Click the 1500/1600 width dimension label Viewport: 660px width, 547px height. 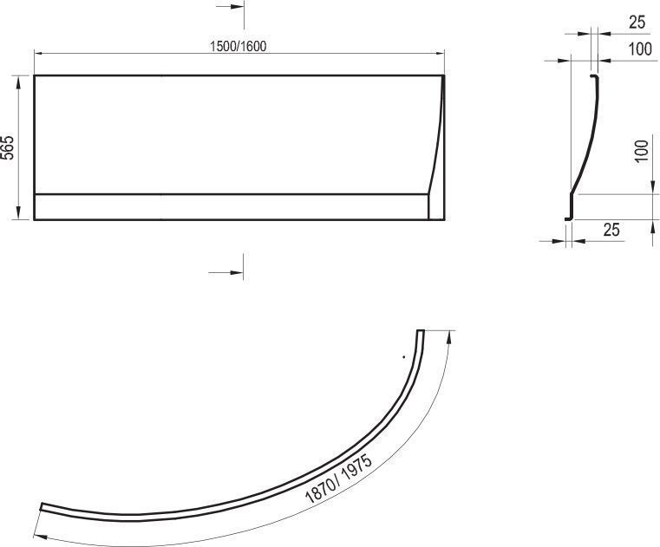[x=239, y=46]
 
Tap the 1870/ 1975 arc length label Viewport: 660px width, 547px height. [x=338, y=479]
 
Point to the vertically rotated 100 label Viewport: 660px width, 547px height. [x=641, y=152]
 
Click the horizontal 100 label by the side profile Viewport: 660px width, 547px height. [x=640, y=49]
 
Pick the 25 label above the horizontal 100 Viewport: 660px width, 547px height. [x=637, y=23]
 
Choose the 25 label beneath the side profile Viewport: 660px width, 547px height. [x=611, y=230]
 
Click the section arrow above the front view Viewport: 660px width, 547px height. [x=230, y=7]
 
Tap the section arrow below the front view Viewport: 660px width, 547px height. [x=225, y=273]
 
